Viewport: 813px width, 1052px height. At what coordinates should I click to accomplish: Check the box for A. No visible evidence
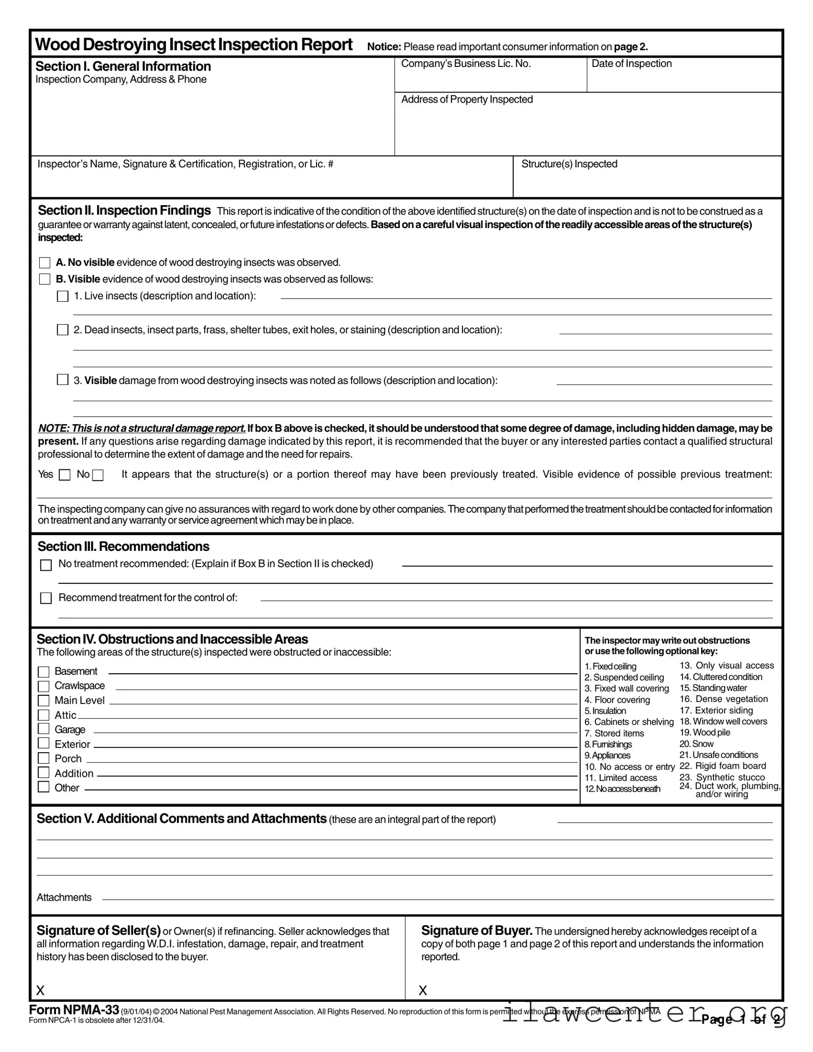[45, 263]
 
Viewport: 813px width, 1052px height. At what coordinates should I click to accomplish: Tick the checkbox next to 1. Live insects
[62, 296]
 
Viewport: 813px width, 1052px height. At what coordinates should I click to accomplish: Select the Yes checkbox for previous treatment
[65, 475]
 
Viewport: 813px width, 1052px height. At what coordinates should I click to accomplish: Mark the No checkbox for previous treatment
[98, 475]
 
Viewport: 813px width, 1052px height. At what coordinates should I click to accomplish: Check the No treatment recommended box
[46, 565]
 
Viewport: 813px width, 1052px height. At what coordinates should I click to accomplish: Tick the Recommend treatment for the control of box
[46, 598]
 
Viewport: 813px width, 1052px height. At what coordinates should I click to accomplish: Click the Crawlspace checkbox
[44, 686]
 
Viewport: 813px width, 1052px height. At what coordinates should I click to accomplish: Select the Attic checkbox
[44, 715]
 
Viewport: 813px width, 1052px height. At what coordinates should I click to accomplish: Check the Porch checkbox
[44, 759]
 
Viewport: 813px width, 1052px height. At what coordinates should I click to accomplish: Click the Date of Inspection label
[631, 64]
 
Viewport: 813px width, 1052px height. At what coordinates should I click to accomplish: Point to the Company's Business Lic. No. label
[466, 64]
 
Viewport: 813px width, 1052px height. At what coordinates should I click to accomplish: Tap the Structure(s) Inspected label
[569, 164]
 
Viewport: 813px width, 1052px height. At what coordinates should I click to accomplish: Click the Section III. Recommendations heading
[123, 547]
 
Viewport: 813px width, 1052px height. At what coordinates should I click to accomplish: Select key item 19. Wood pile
[704, 732]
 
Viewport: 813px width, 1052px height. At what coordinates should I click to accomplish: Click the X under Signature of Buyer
[423, 990]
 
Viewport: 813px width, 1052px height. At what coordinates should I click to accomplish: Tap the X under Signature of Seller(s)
[40, 990]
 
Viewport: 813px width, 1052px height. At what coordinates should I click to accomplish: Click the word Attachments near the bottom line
[64, 898]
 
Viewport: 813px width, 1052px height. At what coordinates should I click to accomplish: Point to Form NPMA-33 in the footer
[74, 1010]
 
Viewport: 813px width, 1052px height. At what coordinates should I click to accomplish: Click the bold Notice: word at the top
[384, 47]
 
